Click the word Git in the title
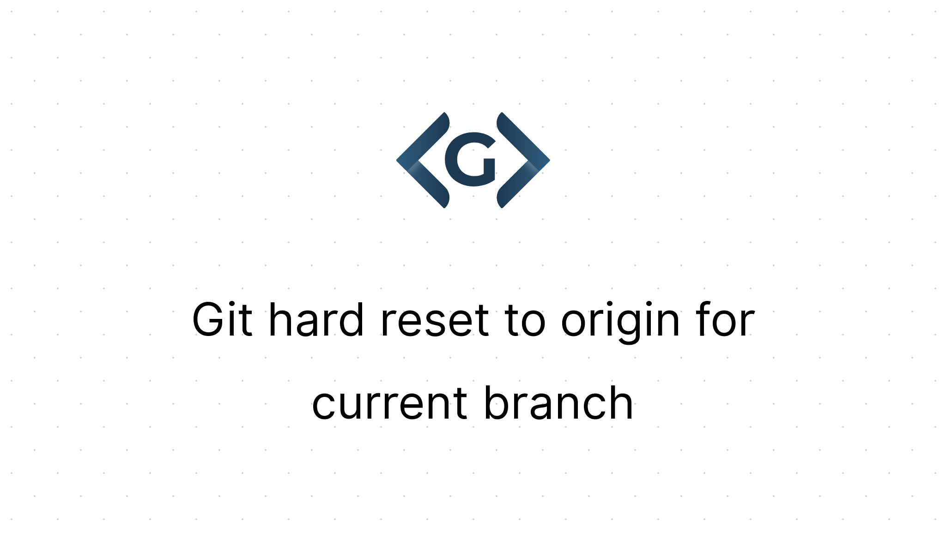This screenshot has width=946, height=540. pyautogui.click(x=222, y=320)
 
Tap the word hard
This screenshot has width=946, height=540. pyautogui.click(x=316, y=320)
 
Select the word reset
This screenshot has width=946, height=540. pyautogui.click(x=434, y=320)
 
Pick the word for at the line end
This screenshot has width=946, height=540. pyautogui.click(x=727, y=320)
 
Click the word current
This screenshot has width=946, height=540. pyautogui.click(x=389, y=403)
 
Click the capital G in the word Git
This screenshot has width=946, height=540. pyautogui.click(x=208, y=320)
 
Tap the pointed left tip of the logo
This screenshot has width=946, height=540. pyautogui.click(x=398, y=160)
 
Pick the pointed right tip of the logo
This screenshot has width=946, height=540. pyautogui.click(x=549, y=160)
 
